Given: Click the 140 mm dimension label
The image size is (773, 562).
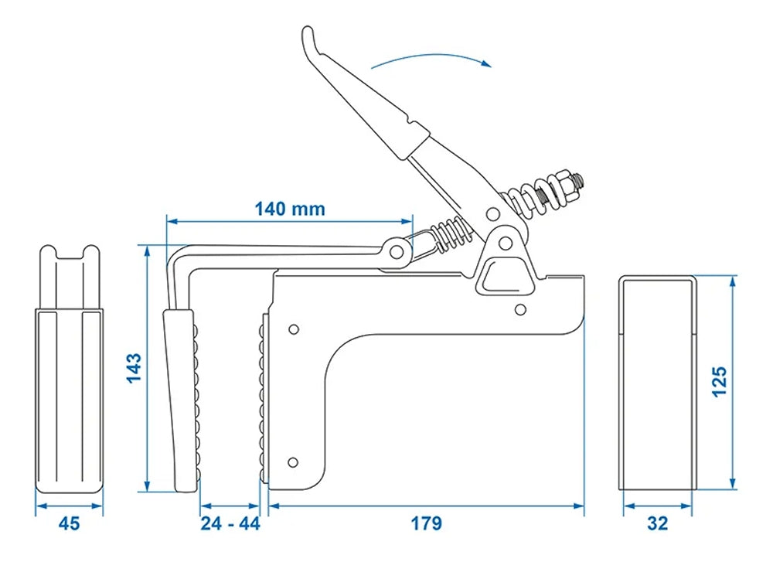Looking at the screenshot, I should point(290,209).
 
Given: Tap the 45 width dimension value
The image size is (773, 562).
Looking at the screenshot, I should point(70,524).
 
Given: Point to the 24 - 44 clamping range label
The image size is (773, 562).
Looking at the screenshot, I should point(230,524).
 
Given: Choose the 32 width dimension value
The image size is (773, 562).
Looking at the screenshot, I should point(658,524).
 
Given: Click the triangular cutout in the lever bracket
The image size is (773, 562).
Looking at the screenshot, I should point(501,275).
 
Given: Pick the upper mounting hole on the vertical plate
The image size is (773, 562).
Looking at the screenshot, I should point(293,328).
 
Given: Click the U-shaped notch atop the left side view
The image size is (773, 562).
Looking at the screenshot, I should point(70,254).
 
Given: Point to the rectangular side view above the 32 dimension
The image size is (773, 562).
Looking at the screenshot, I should point(658,383).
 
